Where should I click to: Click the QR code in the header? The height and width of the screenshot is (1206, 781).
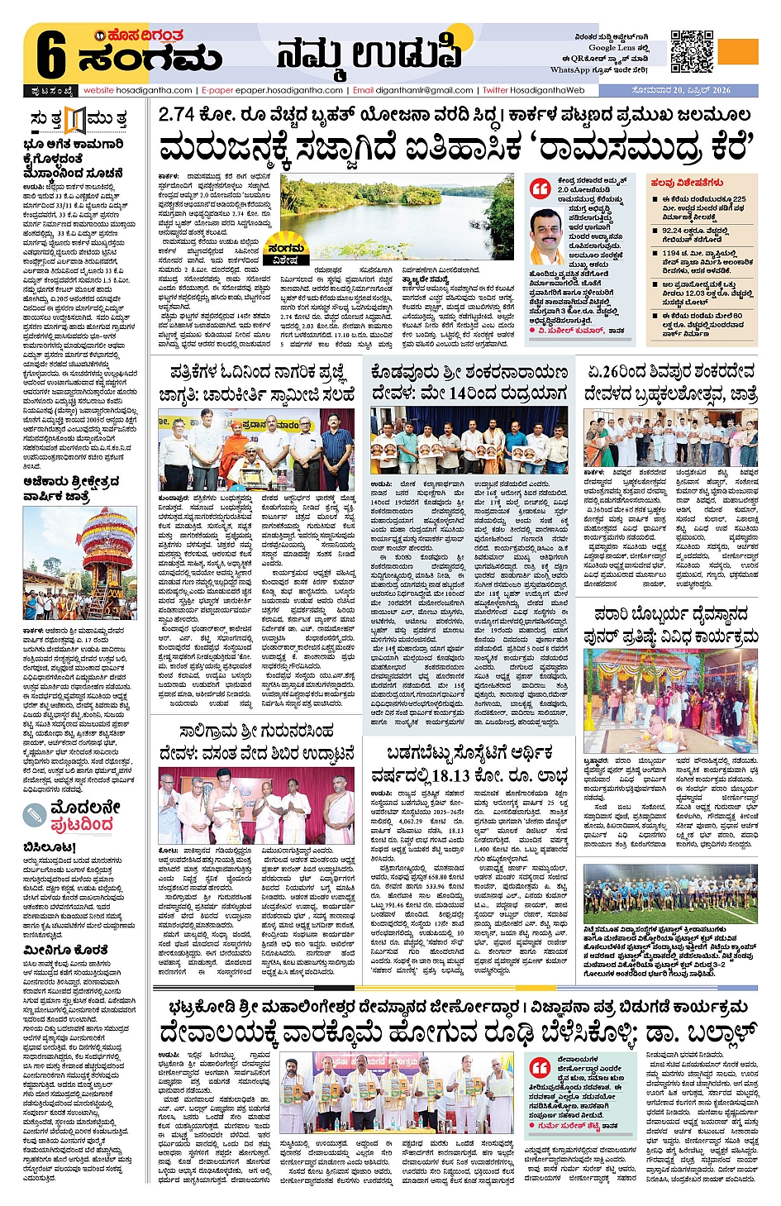pyautogui.click(x=692, y=51)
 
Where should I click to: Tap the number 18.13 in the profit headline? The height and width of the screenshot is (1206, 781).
pyautogui.click(x=450, y=776)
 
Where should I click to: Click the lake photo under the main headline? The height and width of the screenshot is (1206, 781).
pyautogui.click(x=397, y=213)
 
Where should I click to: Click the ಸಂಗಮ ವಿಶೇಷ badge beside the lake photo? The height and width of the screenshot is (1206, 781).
pyautogui.click(x=286, y=253)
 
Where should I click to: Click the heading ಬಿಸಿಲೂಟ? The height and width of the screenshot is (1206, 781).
pyautogui.click(x=50, y=847)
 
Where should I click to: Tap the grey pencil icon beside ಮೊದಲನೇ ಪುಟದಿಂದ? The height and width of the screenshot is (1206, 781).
pyautogui.click(x=35, y=814)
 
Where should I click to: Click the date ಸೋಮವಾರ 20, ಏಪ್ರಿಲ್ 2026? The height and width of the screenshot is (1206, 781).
pyautogui.click(x=680, y=90)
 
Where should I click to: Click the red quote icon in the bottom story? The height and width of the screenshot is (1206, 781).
pyautogui.click(x=540, y=1066)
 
